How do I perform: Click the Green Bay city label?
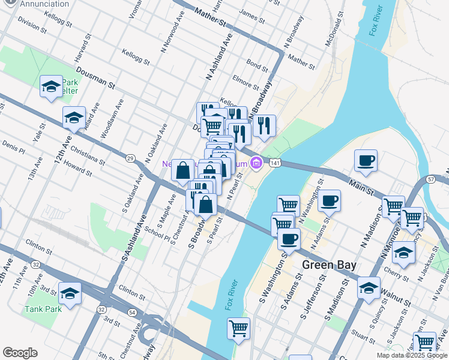pos(330,265)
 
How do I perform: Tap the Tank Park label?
pos(43,310)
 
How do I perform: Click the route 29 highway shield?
pos(130,158)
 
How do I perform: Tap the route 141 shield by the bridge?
pos(274,163)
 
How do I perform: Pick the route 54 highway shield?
pos(132,313)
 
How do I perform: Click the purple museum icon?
pos(257,163)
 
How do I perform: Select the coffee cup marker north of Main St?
pos(366,161)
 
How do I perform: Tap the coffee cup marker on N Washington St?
pos(329,202)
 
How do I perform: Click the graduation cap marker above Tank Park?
pos(70,294)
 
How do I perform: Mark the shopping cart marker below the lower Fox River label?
pos(238,329)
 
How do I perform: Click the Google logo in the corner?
pos(20,353)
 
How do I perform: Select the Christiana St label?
pos(88,149)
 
